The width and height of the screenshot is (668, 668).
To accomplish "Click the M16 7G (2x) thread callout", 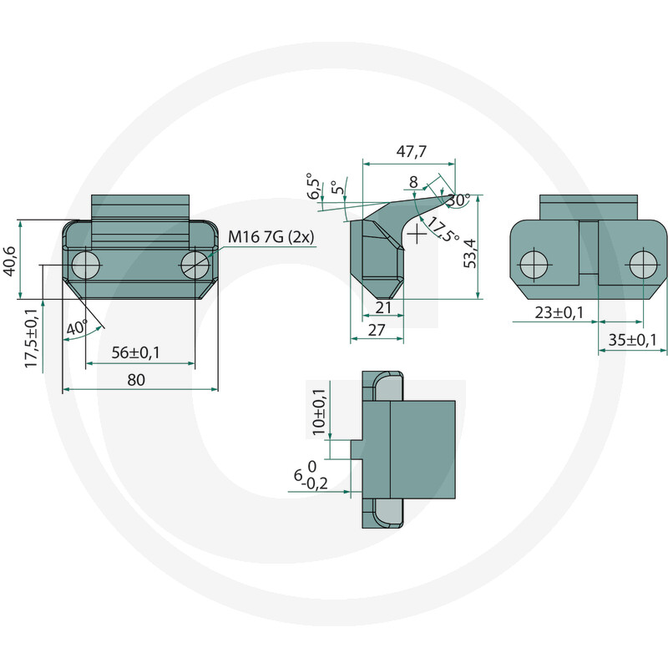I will pos(271,238).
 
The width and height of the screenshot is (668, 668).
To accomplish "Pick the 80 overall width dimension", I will pos(136,380).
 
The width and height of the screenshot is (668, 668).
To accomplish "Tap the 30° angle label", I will pos(458,200).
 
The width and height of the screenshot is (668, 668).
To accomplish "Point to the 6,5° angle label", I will pos(314,186).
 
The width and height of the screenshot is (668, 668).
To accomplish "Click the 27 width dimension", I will pos(377,329).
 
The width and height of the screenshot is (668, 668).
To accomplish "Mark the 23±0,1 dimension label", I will pos(559,312).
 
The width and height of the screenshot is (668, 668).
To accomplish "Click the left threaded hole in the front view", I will pos(86,266).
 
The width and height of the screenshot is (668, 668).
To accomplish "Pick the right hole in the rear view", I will pos(643,265).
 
